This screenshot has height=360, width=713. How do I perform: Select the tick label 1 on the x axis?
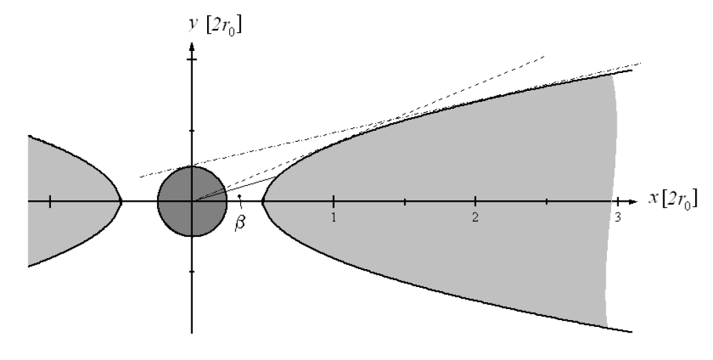click(334, 218)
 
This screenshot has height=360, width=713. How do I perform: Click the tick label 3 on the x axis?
click(617, 218)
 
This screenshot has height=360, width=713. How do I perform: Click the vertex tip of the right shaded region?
click(264, 202)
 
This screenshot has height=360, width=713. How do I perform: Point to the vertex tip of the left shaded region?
click(121, 202)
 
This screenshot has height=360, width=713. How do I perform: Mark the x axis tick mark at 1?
click(334, 202)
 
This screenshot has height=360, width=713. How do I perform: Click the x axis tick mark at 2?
click(475, 202)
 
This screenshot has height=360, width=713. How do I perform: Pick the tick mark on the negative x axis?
click(50, 202)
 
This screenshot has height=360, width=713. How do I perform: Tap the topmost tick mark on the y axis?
click(192, 60)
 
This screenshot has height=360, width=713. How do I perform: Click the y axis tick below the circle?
click(192, 272)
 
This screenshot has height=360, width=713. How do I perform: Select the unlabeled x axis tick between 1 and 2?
click(405, 202)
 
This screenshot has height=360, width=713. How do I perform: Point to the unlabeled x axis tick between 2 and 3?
click(546, 202)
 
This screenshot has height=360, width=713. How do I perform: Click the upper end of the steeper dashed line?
click(544, 54)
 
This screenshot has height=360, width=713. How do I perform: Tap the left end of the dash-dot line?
click(140, 177)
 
